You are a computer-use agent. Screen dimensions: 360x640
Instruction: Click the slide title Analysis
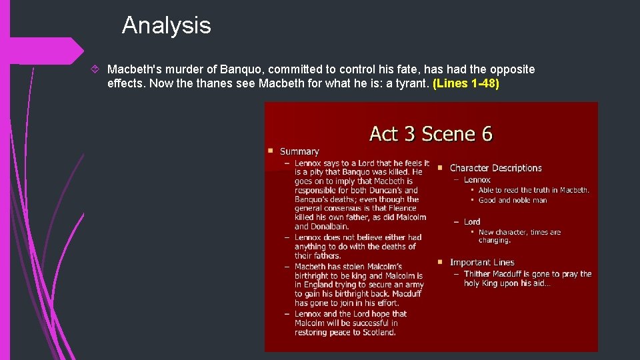(x=166, y=25)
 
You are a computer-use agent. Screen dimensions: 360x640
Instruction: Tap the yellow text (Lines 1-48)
(x=466, y=85)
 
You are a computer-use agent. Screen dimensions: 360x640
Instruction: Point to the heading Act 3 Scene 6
(x=431, y=134)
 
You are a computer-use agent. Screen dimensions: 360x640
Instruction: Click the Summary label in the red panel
(x=299, y=152)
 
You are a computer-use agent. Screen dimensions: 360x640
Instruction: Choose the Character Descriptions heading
(x=495, y=168)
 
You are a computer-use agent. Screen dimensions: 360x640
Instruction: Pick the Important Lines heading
(x=482, y=263)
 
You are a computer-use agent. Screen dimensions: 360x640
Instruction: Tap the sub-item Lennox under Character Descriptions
(x=477, y=180)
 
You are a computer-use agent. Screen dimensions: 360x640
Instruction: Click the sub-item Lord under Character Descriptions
(x=472, y=222)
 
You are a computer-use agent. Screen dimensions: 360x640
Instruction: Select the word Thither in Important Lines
(x=477, y=274)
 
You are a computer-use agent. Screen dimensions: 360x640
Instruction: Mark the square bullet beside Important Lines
(x=441, y=262)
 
